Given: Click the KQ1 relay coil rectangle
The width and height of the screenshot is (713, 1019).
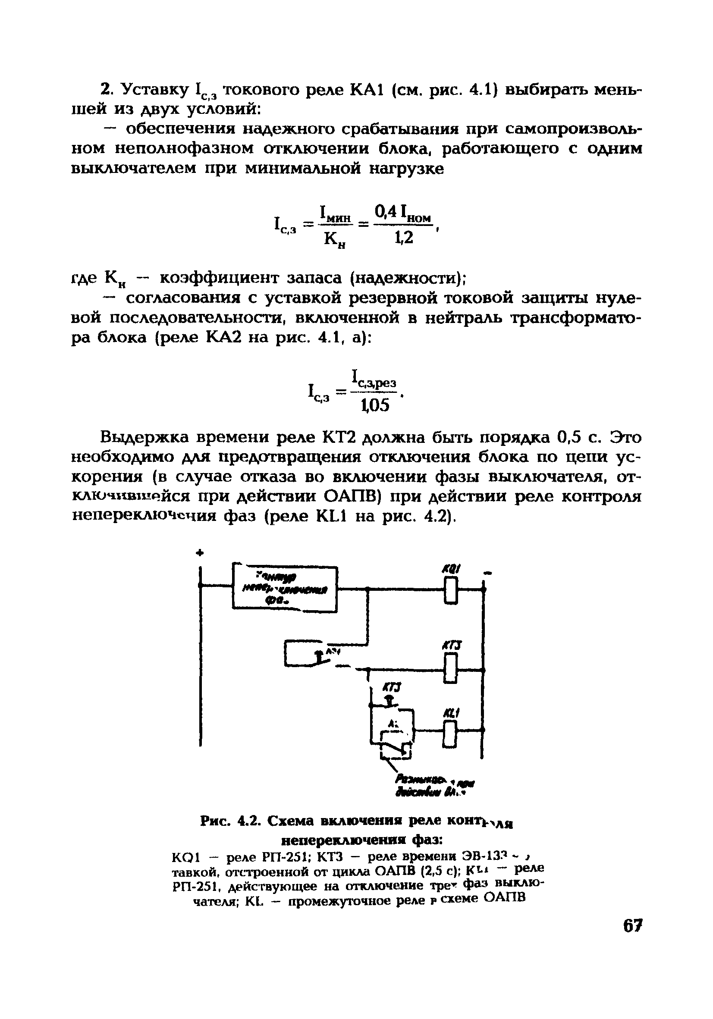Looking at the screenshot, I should coord(450,590).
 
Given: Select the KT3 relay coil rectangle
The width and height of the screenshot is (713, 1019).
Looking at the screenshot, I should coord(450,670).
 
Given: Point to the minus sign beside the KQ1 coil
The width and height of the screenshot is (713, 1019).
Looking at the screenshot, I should coord(488,574).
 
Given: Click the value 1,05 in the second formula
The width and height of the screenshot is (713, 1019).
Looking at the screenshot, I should coord(375,405).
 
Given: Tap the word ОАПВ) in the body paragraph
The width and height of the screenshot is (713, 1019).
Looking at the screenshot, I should coord(355,497).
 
